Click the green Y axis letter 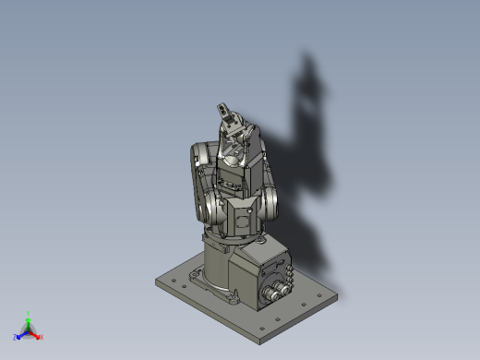pos(30,314)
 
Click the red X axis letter pos(42,337)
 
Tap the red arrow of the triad pos(36,334)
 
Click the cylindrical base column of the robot pos(219,268)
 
